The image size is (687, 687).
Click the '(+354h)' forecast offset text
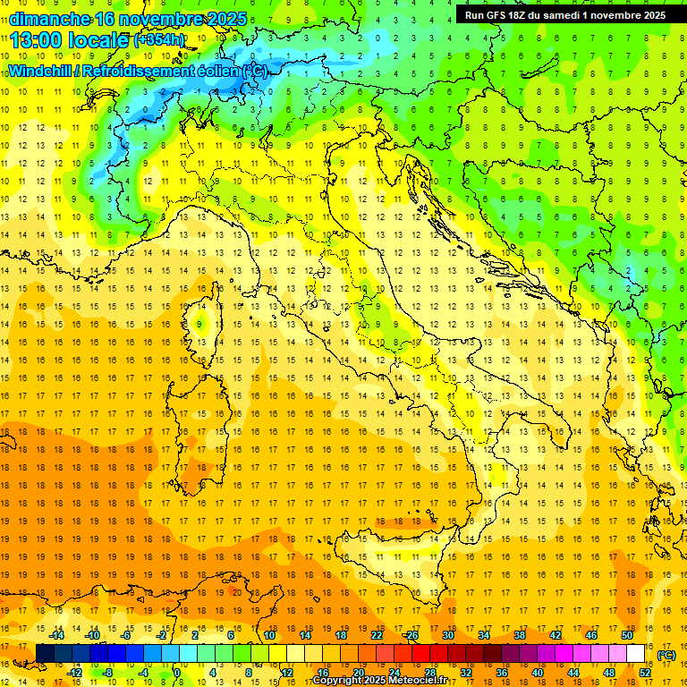point(159,40)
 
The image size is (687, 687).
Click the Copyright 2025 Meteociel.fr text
point(379,681)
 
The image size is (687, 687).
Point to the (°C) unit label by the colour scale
point(666,655)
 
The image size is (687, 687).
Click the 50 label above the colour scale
point(626,635)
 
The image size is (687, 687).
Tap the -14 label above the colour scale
point(56,635)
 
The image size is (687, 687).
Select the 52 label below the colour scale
point(645,672)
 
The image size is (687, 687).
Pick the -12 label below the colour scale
point(74,672)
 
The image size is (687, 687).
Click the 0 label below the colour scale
point(178,672)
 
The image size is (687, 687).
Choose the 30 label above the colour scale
point(447,635)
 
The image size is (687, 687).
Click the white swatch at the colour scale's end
point(636,654)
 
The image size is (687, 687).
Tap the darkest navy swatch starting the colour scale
point(45,654)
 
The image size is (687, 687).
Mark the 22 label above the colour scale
point(377,635)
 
